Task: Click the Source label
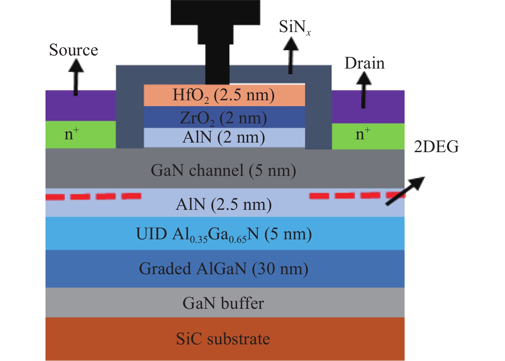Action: [73, 50]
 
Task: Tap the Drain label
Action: [364, 63]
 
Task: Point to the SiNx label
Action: [294, 27]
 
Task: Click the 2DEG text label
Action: [436, 147]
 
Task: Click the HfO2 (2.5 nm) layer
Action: [224, 95]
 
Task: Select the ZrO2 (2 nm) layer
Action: [224, 118]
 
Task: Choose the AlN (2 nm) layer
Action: [224, 138]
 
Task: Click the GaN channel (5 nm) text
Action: [223, 170]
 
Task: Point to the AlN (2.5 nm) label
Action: [224, 204]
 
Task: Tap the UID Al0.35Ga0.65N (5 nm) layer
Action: [224, 234]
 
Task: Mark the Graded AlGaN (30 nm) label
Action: [223, 268]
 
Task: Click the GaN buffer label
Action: [223, 303]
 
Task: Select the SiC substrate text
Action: [223, 339]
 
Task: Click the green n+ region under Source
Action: [80, 135]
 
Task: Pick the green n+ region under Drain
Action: [368, 136]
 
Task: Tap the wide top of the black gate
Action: [215, 12]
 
